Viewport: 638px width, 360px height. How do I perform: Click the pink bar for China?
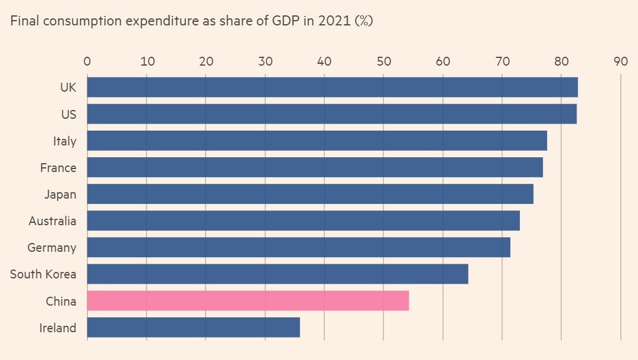[x=248, y=301]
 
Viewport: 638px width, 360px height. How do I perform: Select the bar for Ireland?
[x=194, y=327]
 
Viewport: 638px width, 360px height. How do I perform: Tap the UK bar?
[x=333, y=87]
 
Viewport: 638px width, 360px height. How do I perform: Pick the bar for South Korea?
[x=278, y=274]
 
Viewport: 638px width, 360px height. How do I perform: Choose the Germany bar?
[x=299, y=248]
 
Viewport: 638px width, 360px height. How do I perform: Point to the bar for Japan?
[x=310, y=194]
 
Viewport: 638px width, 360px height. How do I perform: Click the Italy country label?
[x=64, y=141]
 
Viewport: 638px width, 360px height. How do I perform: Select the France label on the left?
[x=58, y=168]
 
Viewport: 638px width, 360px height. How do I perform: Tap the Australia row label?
[x=53, y=221]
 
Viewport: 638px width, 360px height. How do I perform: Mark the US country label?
[x=69, y=115]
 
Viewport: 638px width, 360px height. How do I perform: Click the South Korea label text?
[x=43, y=274]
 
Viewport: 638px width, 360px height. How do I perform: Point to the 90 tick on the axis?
[x=620, y=61]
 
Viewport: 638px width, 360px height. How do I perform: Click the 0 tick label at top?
[x=87, y=61]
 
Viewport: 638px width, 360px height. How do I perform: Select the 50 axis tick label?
[x=383, y=61]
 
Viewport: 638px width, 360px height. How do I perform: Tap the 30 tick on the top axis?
[x=265, y=61]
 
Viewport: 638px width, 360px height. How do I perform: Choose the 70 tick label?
[x=502, y=61]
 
